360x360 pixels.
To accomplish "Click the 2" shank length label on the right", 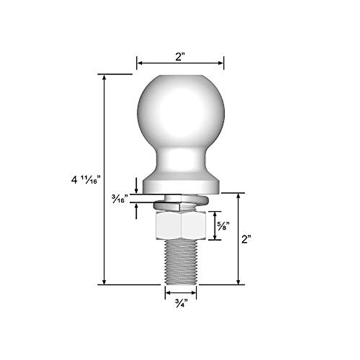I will pos(246,239).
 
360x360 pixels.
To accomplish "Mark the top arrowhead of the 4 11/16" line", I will pos(104,77).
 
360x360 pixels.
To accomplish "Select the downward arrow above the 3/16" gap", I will pos(136,191).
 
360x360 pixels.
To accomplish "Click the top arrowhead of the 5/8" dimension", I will pos(215,214).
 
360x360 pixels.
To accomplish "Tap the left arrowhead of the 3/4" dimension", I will pos(168,292).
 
